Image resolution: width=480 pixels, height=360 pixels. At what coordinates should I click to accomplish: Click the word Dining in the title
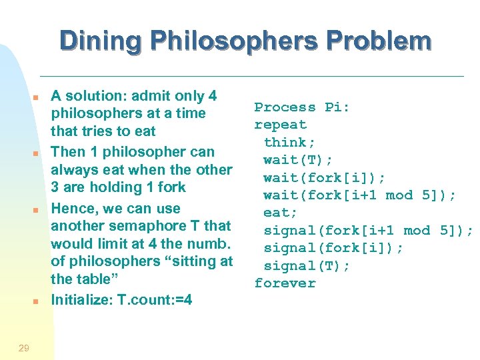coord(100,41)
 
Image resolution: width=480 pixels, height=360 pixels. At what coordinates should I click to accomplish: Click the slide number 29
coord(23,347)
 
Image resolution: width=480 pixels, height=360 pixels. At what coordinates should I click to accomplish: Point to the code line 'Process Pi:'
coord(303,107)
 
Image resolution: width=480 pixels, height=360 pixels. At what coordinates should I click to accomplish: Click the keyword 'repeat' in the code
coord(281,125)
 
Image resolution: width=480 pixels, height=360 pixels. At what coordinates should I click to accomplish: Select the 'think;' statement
coord(290,142)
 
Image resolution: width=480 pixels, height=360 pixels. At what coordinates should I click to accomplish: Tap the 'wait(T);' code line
coord(299,160)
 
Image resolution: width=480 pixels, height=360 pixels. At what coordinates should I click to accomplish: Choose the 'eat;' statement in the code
coord(277,213)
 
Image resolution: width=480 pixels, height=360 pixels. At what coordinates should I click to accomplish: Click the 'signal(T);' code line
coord(307,265)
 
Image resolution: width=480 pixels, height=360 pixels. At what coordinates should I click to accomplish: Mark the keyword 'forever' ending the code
coord(285,283)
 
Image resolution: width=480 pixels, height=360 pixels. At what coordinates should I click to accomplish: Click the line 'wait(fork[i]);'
coord(325,177)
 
